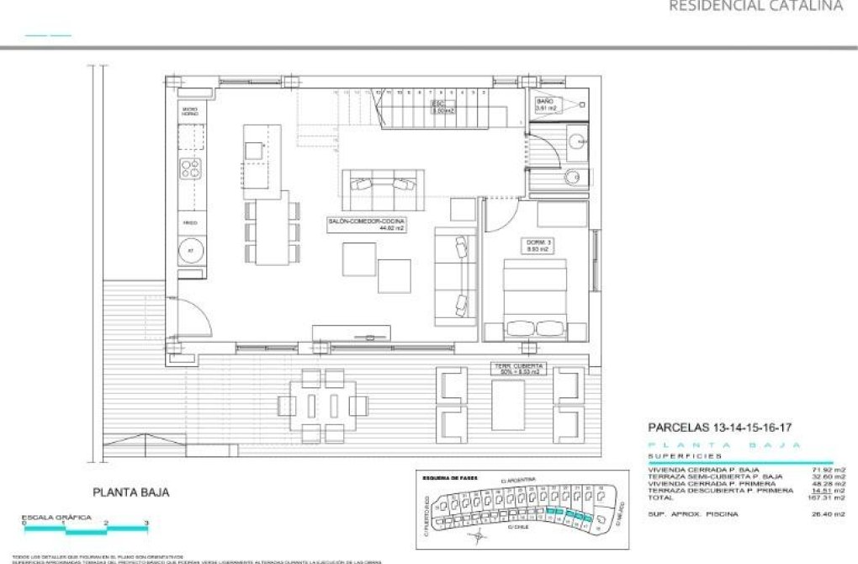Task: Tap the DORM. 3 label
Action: pyautogui.click(x=537, y=247)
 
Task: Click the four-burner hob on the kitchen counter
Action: pyautogui.click(x=191, y=168)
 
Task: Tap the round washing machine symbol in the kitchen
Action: pyautogui.click(x=191, y=251)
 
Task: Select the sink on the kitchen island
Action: pyautogui.click(x=254, y=150)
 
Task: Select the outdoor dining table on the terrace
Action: pyautogui.click(x=322, y=406)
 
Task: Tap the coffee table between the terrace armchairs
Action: pyautogui.click(x=510, y=406)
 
